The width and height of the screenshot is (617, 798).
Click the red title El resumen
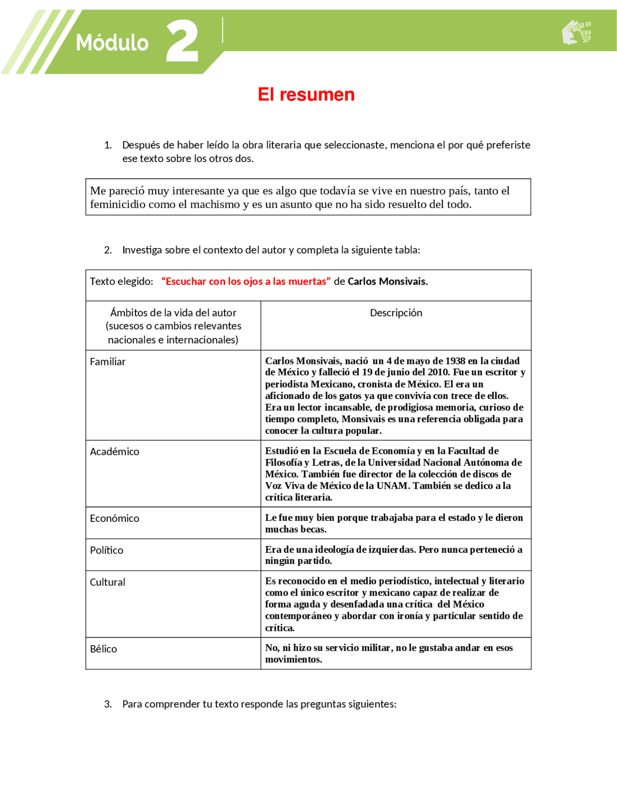click(x=306, y=94)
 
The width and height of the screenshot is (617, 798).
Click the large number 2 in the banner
click(x=182, y=41)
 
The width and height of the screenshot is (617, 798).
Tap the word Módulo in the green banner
click(x=112, y=43)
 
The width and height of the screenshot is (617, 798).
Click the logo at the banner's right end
click(x=577, y=32)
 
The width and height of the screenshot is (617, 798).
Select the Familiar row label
click(x=107, y=362)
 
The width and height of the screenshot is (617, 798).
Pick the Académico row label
click(x=114, y=452)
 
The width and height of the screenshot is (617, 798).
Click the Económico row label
click(x=114, y=519)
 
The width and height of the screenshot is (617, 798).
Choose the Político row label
click(x=107, y=550)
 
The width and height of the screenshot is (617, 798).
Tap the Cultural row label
click(x=107, y=582)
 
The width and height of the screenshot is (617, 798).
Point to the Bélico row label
click(x=103, y=649)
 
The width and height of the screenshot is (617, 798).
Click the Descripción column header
click(x=396, y=313)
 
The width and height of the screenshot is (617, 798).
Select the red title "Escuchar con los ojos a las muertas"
click(x=246, y=281)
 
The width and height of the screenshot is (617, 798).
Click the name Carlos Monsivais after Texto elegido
click(x=387, y=281)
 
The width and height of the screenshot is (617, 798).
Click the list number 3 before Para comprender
click(x=107, y=704)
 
